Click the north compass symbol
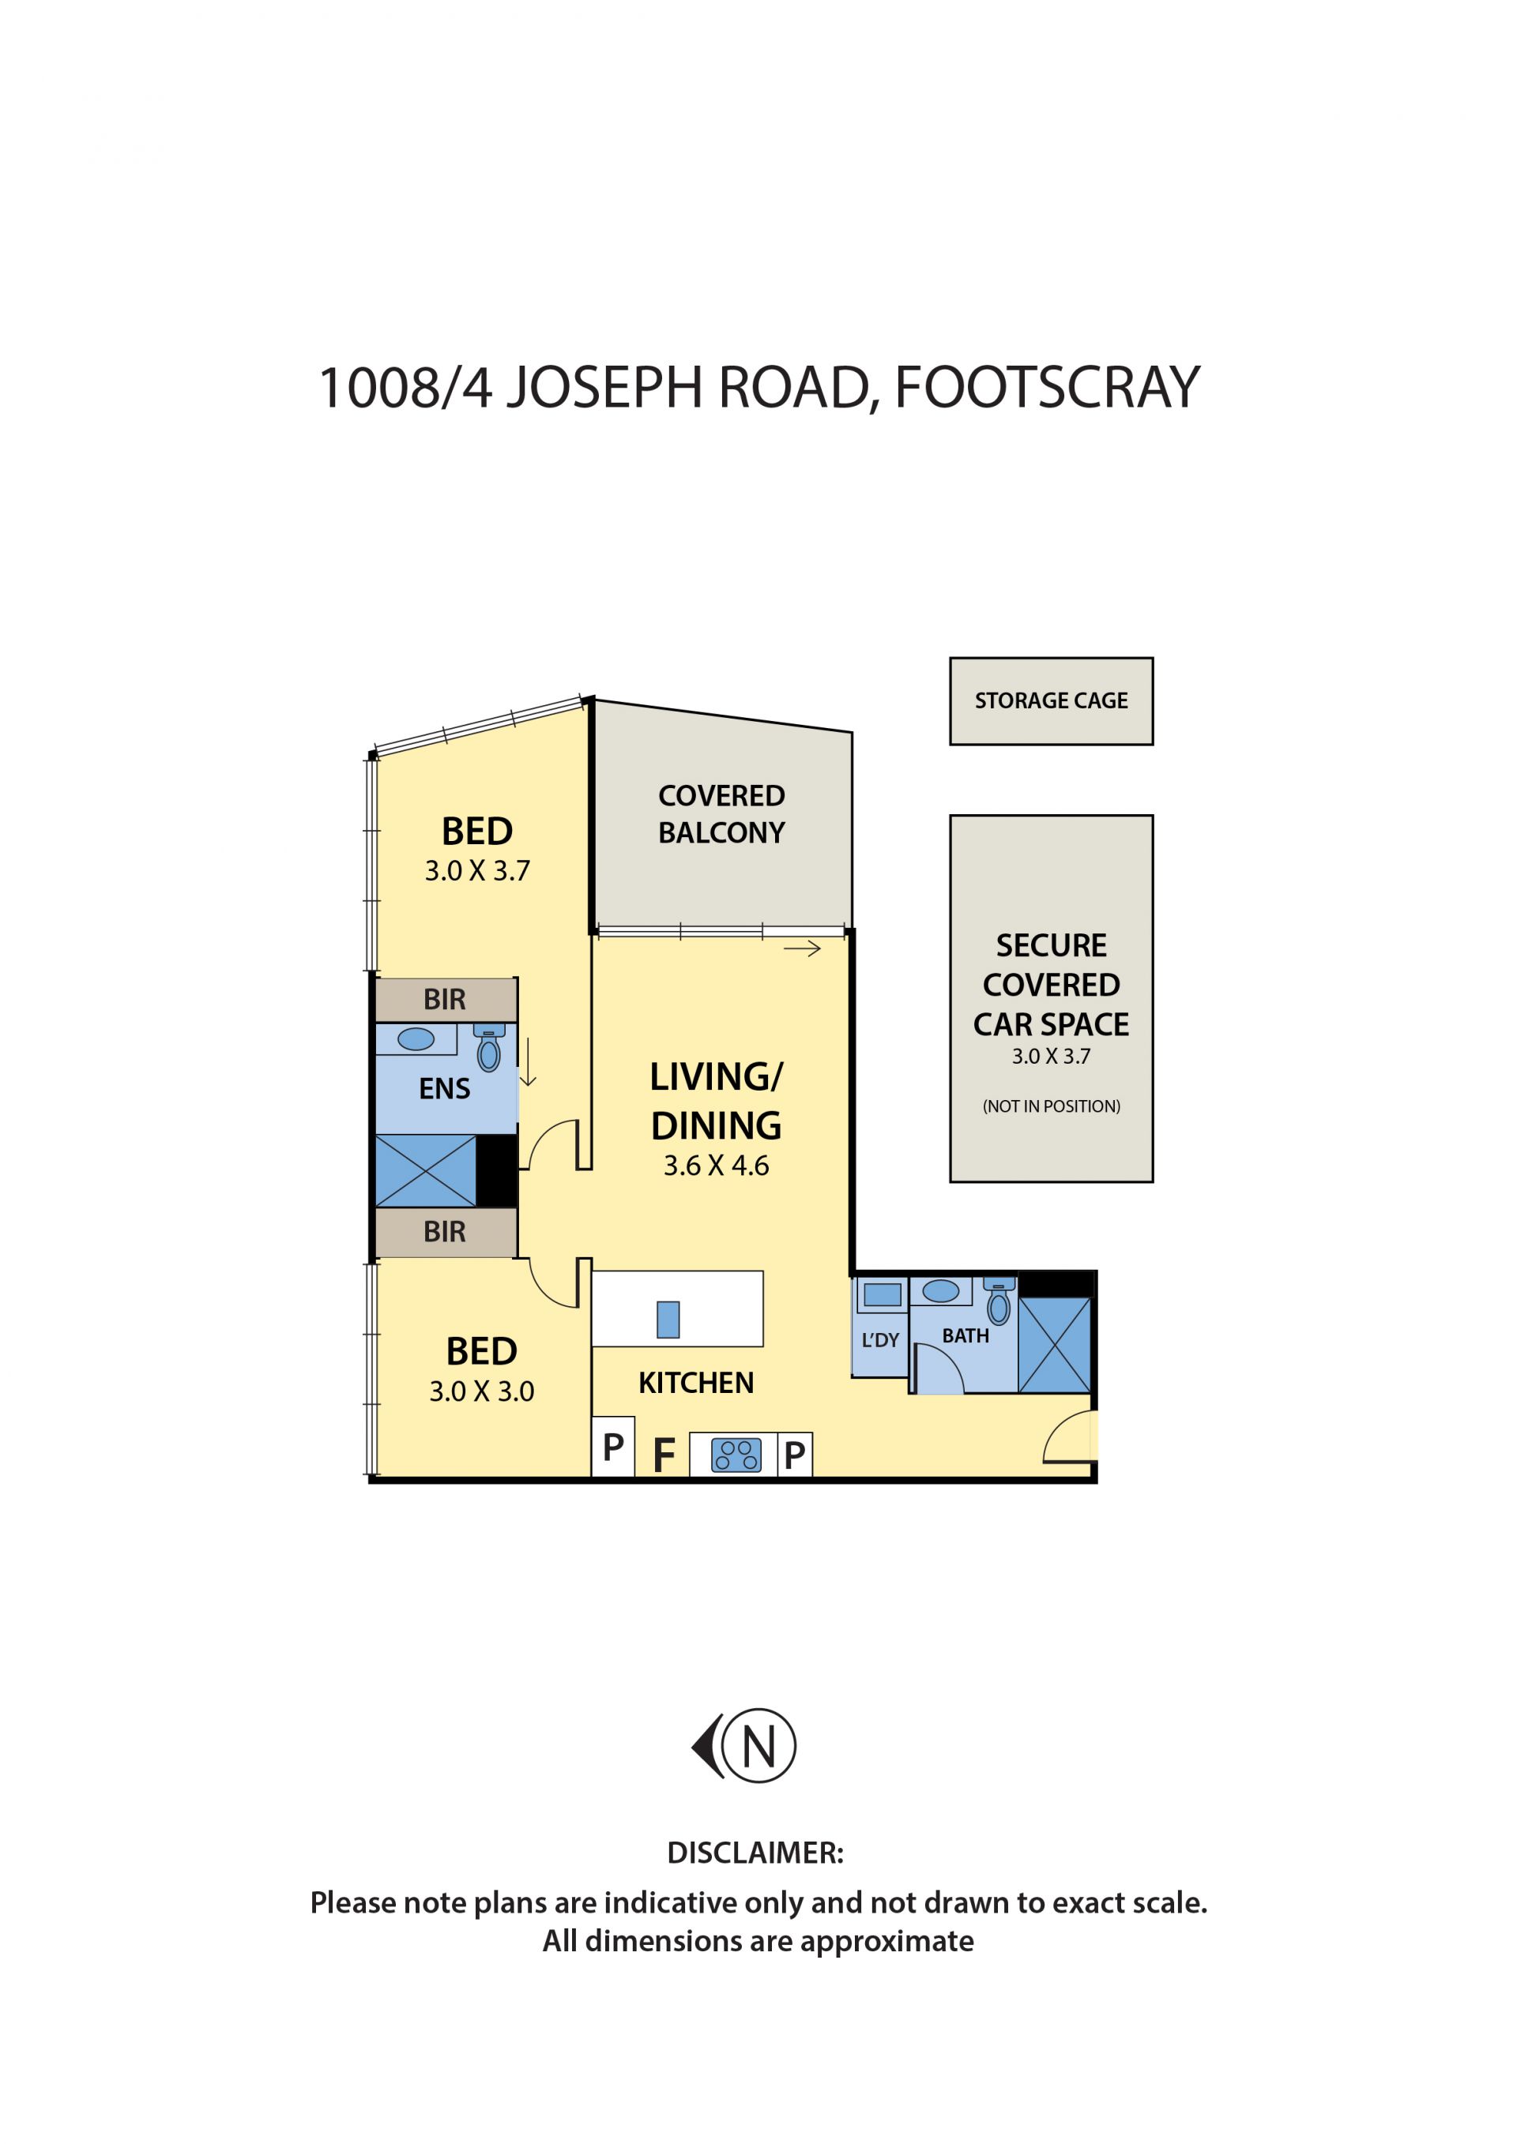[x=743, y=1745]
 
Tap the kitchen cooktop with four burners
[x=736, y=1455]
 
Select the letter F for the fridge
[x=664, y=1455]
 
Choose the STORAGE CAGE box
[x=1051, y=701]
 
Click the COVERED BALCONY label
[x=721, y=814]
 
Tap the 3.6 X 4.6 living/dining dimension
[x=717, y=1166]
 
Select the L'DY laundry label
[x=880, y=1341]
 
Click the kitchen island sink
[x=668, y=1320]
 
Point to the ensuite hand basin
[x=416, y=1039]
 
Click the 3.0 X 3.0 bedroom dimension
[x=481, y=1392]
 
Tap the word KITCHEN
[x=696, y=1383]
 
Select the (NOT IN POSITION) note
[x=1051, y=1106]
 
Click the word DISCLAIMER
[x=755, y=1853]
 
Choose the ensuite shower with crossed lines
[x=425, y=1171]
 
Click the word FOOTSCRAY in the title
[x=1047, y=388]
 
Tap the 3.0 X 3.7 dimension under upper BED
[x=477, y=871]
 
